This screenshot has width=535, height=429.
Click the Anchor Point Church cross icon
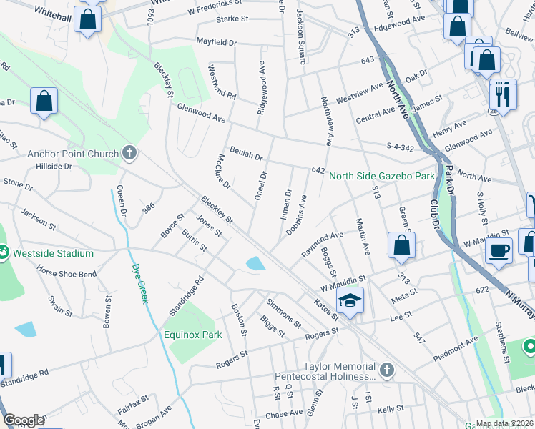click(x=129, y=152)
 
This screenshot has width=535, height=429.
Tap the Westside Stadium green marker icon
click(x=4, y=252)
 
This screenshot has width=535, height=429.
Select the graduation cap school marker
click(x=350, y=301)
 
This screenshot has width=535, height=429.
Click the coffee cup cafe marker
click(x=499, y=251)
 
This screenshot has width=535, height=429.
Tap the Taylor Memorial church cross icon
click(x=386, y=370)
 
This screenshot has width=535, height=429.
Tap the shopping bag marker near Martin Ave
click(x=402, y=245)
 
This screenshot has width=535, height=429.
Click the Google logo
click(x=24, y=420)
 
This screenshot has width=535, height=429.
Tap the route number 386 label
click(x=148, y=207)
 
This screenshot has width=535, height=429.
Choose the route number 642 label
click(x=318, y=170)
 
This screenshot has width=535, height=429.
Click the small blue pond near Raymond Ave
click(x=255, y=264)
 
